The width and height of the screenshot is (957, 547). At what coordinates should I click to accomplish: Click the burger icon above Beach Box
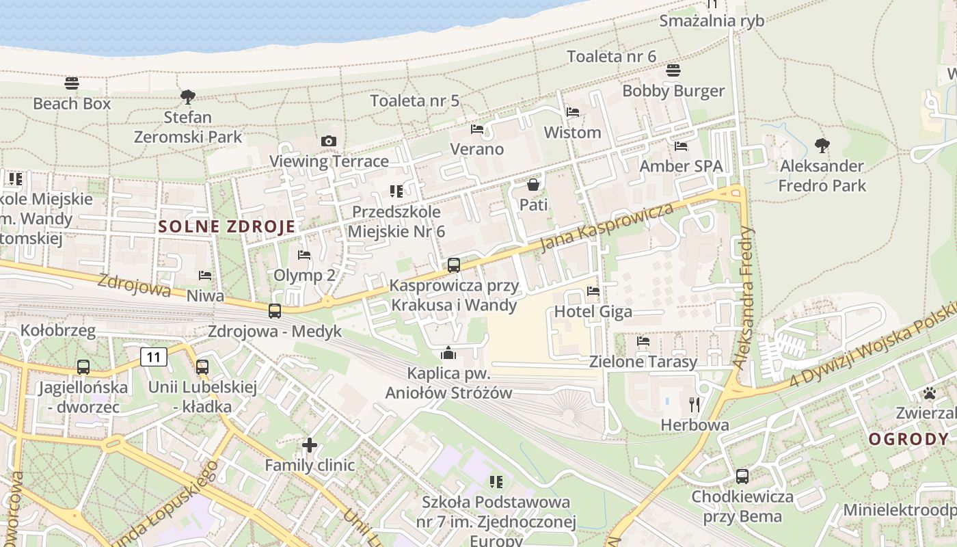[x=72, y=83]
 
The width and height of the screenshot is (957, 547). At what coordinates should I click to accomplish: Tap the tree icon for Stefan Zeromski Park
[x=188, y=96]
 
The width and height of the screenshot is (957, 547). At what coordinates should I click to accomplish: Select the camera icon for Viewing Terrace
[x=329, y=141]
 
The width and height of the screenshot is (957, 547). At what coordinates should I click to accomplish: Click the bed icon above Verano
[x=477, y=129]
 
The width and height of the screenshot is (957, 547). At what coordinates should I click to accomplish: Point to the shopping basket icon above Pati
[x=533, y=185]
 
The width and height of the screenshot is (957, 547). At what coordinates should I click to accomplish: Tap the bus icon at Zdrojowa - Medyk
[x=275, y=310]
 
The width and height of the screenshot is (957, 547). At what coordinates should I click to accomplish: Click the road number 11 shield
[x=154, y=356]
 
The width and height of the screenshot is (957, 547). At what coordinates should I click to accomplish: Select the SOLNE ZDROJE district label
[x=227, y=226]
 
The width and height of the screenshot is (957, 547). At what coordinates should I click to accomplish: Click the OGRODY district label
[x=908, y=439]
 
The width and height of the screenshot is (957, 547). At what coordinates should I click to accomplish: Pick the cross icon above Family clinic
[x=310, y=446]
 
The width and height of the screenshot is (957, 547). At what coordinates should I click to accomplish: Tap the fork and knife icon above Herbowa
[x=695, y=405]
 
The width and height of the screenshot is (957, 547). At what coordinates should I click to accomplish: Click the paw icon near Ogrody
[x=929, y=393]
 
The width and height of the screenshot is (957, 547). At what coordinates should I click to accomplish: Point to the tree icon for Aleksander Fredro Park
[x=822, y=145]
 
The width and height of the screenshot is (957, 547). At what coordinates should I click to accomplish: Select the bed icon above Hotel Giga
[x=593, y=291]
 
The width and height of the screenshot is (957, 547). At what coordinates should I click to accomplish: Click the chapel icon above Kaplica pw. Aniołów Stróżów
[x=448, y=353]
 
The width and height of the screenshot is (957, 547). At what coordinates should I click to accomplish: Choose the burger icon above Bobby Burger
[x=673, y=70]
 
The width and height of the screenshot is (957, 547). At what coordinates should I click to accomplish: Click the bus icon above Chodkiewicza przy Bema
[x=742, y=476]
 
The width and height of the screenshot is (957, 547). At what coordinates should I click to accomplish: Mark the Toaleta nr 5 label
[x=415, y=101]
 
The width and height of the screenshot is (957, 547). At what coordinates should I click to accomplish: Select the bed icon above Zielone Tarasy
[x=643, y=341]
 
